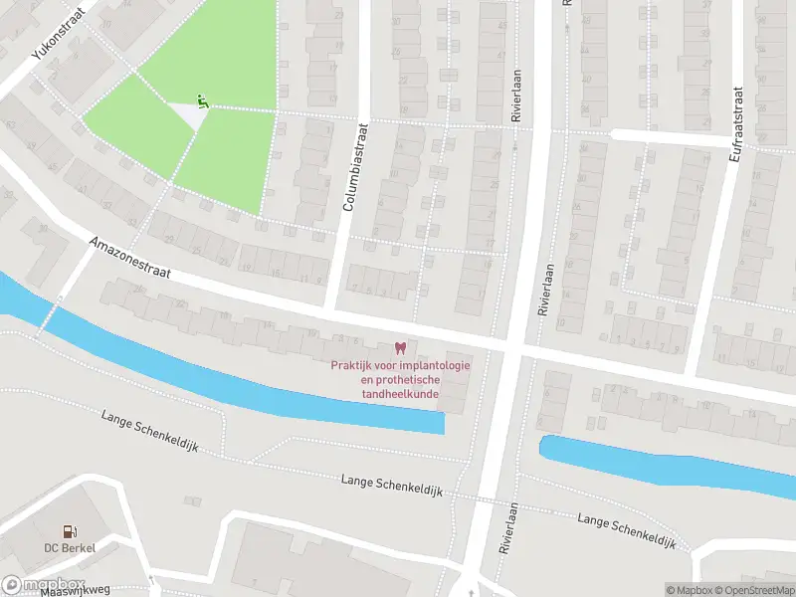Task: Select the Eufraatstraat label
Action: [737, 36]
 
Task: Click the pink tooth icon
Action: [401, 348]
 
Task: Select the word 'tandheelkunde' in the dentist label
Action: [401, 394]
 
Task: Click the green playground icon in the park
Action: [202, 99]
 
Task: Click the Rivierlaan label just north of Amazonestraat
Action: [544, 290]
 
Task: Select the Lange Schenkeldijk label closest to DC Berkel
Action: [150, 431]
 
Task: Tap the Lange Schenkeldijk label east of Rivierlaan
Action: [626, 531]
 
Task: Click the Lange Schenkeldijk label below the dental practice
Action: [391, 487]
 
